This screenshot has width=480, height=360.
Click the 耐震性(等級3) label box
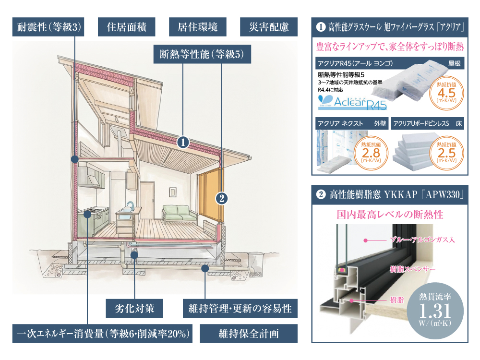(x=48, y=27)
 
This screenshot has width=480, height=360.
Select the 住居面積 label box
(x=126, y=27)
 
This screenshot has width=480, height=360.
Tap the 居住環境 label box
(x=197, y=27)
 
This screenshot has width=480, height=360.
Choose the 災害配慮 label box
(x=269, y=27)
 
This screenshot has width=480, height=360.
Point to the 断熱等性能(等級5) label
(x=202, y=54)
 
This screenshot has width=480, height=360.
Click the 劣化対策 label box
(x=134, y=308)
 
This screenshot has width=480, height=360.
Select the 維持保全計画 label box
(x=249, y=334)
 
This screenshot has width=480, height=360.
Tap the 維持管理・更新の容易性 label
(x=240, y=308)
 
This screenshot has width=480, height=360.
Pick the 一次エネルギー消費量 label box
(x=102, y=334)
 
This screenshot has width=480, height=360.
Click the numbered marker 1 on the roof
(x=183, y=143)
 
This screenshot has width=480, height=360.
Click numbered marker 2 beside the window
(x=222, y=199)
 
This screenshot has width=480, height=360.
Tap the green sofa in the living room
(x=180, y=213)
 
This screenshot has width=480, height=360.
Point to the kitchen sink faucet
(x=131, y=206)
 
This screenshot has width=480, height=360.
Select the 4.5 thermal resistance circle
(x=446, y=93)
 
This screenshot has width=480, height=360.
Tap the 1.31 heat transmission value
(x=435, y=311)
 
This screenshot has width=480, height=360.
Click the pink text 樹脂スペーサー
(x=412, y=269)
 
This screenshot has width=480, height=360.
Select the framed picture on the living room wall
(x=173, y=192)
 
